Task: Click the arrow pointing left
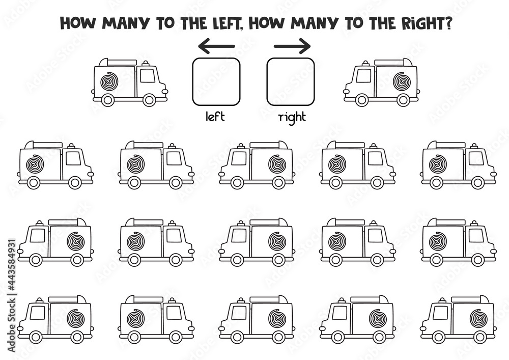[216, 46]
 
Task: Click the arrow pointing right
[292, 46]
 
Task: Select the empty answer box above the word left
[216, 82]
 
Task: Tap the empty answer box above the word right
[291, 82]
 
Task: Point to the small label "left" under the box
[215, 116]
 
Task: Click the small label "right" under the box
[292, 118]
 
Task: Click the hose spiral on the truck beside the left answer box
[110, 81]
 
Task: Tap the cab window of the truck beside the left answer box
[148, 76]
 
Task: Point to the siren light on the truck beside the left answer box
[145, 63]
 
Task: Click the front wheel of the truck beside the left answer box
[149, 100]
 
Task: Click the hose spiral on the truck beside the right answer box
[402, 81]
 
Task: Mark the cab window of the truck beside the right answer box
[363, 76]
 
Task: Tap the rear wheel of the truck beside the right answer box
[404, 100]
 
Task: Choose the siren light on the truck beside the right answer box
[366, 63]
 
